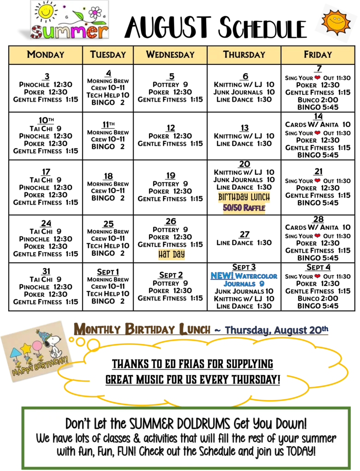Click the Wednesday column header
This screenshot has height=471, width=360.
pos(170,55)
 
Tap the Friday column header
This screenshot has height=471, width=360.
pos(318,55)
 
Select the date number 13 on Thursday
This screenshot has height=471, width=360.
pos(244,128)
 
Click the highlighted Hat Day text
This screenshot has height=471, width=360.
pos(171,254)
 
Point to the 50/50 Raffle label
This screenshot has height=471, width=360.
pos(244,207)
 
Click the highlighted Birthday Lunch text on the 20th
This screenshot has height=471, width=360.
pos(244,197)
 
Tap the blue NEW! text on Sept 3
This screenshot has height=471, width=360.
pos(222,276)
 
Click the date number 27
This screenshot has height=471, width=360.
pos(244,234)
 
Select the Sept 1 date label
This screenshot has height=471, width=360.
pos(108,272)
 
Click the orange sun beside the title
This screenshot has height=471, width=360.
pos(336,21)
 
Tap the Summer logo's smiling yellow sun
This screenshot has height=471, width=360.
pos(46,12)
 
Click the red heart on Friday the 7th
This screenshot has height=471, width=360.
pos(317,78)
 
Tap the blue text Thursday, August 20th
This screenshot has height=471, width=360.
pos(276,330)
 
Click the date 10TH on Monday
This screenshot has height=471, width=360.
pos(46,120)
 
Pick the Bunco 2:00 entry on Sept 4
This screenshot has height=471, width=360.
pos(318,298)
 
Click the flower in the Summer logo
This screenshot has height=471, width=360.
pos(95,12)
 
